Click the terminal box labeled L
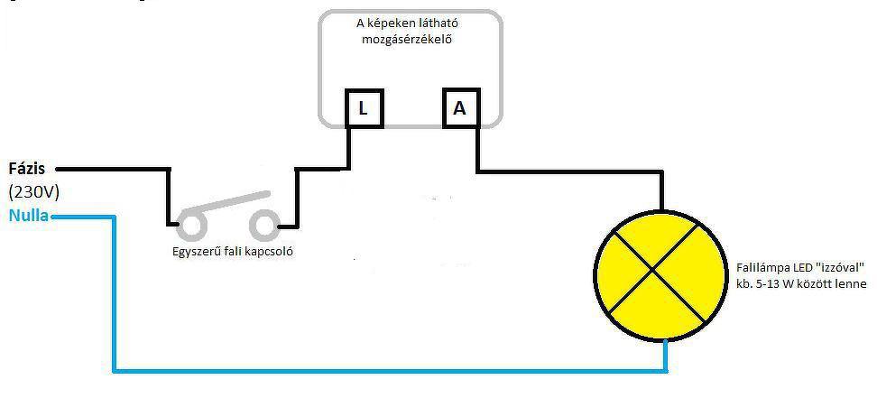[x=364, y=109]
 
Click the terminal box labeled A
[x=460, y=108]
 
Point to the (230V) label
[x=33, y=192]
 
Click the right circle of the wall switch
[x=264, y=223]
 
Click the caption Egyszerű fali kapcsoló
[x=232, y=252]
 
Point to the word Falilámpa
[x=763, y=269]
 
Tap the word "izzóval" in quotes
[x=844, y=269]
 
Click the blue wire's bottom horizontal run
[x=388, y=369]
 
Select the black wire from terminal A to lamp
[x=568, y=171]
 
